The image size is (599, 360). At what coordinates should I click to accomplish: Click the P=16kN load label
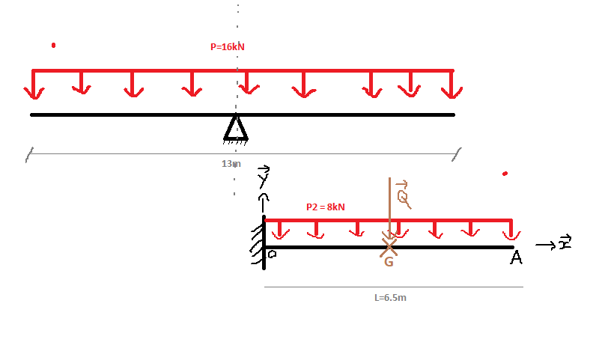[228, 46]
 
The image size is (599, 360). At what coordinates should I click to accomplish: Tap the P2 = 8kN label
[326, 207]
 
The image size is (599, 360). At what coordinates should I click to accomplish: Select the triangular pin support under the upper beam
[235, 128]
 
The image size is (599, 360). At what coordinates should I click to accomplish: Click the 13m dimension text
[231, 163]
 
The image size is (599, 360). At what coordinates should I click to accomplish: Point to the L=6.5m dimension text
[390, 297]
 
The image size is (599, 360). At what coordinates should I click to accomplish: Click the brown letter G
[389, 262]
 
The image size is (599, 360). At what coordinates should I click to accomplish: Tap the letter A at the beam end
[516, 258]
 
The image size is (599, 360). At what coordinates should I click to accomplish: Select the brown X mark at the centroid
[389, 244]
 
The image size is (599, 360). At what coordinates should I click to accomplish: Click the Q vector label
[403, 195]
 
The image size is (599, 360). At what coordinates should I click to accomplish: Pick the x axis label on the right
[565, 243]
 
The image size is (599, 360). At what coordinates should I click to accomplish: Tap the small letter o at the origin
[273, 254]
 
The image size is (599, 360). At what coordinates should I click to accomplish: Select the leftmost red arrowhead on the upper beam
[33, 92]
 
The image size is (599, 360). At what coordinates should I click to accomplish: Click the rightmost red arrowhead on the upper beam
[451, 92]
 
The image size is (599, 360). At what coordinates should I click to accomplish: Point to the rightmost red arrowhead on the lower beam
[512, 236]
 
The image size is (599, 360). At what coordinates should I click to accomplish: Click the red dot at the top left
[53, 46]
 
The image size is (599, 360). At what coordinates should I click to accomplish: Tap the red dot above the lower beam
[505, 174]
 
